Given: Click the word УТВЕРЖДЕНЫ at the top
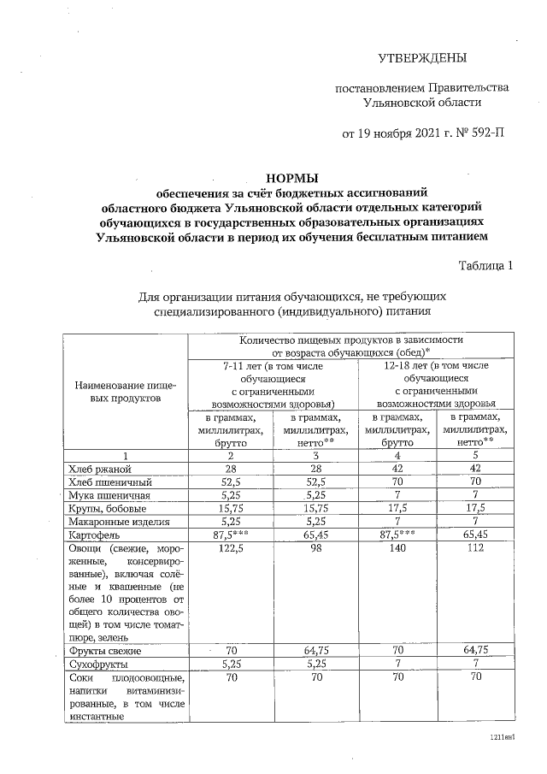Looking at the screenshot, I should (423, 59).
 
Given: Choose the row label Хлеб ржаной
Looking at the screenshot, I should (99, 469).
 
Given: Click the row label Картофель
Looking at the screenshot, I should (91, 534).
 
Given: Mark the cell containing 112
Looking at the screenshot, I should (473, 547).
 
